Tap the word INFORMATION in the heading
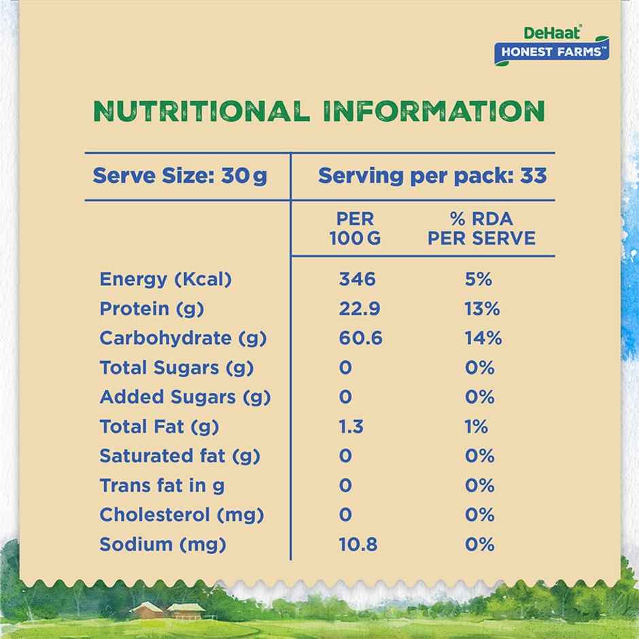pos(434,111)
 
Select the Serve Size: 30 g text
pos(180,176)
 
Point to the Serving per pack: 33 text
pos(432,176)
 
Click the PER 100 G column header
pos(356,228)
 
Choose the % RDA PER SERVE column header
pos(481,228)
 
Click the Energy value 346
pos(357,279)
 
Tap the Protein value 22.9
pos(360,309)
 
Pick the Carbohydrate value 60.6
pos(360,338)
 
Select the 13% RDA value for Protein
pos(482,309)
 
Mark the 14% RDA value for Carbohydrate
pos(483,338)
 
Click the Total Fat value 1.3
pos(351,426)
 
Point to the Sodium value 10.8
pos(358,545)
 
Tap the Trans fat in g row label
pos(162,485)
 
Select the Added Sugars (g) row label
pos(185,397)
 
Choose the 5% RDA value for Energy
pos(479,279)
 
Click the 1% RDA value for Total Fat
pos(477,426)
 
